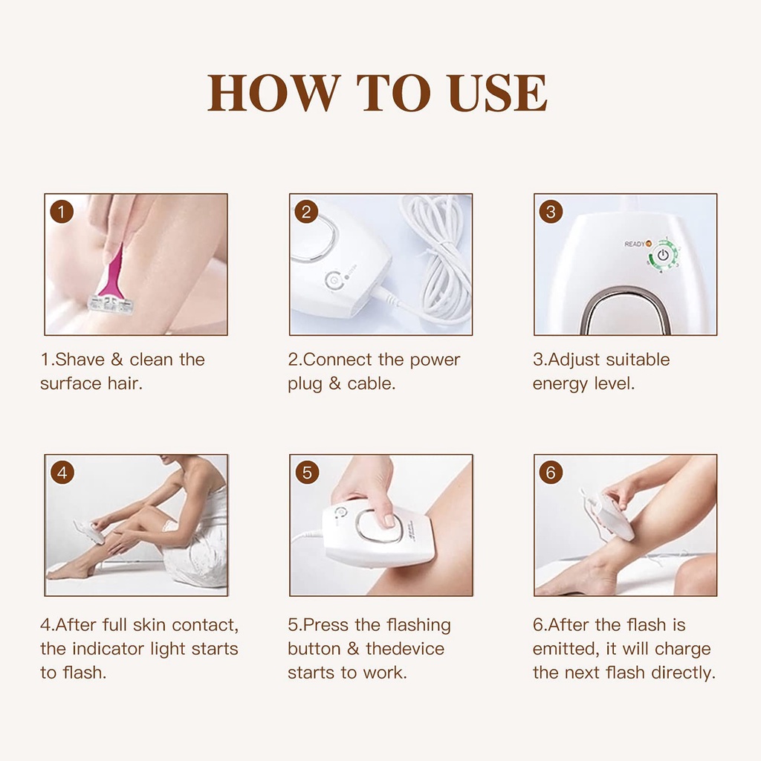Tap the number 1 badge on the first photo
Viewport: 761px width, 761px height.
62,212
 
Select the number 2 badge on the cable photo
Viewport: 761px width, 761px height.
307,212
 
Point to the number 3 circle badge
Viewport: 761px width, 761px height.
551,212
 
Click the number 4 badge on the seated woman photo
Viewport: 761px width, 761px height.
62,472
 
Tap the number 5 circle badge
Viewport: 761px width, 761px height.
307,472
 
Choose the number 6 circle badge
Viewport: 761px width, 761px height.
551,472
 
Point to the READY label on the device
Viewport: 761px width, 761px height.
635,244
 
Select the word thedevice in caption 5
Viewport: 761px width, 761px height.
405,649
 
